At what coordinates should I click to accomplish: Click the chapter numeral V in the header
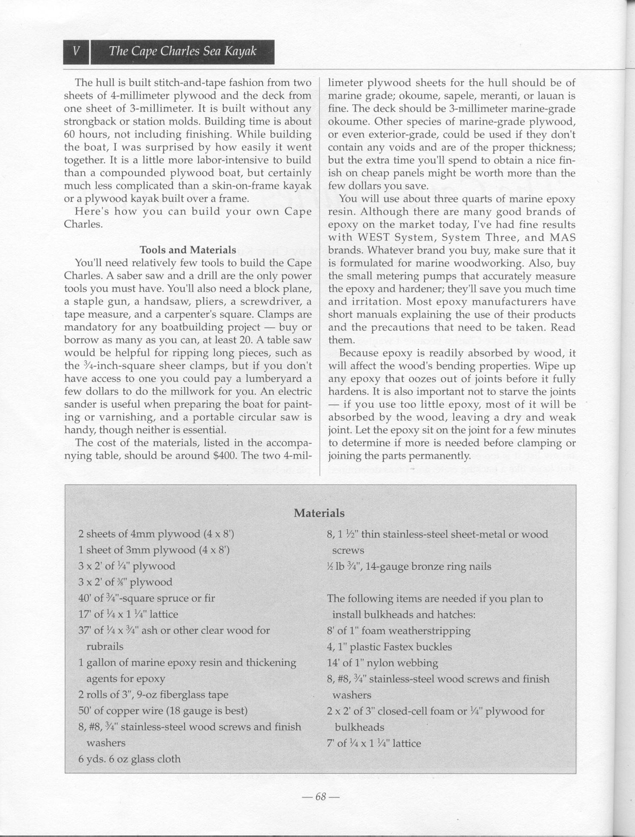tap(76, 51)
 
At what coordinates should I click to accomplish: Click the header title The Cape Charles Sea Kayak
tap(182, 51)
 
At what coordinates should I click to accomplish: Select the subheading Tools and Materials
tap(188, 250)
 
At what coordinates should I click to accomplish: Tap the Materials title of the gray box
tap(319, 513)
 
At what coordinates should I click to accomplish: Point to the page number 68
tap(320, 797)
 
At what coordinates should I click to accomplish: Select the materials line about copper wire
tap(163, 711)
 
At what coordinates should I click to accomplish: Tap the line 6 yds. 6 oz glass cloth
tap(129, 759)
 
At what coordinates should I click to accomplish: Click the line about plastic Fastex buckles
tap(389, 647)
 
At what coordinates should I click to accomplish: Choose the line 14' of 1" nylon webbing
tap(382, 663)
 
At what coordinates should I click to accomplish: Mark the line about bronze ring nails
tap(409, 566)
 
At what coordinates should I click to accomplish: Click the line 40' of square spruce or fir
tap(147, 598)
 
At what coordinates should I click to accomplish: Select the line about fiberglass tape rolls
tap(153, 695)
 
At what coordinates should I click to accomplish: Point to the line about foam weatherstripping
tap(398, 631)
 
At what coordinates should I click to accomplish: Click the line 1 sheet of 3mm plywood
tap(154, 550)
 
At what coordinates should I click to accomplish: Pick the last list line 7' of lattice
tap(374, 743)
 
